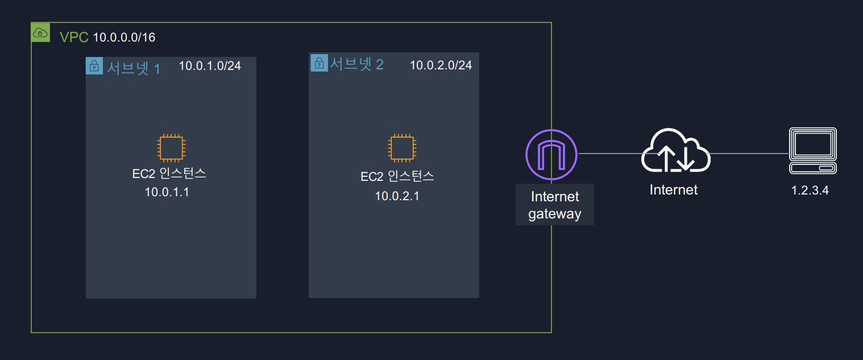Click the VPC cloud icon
pyautogui.click(x=40, y=32)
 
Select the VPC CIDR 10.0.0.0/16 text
pyautogui.click(x=124, y=38)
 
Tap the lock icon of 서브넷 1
pyautogui.click(x=94, y=66)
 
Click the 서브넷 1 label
pyautogui.click(x=134, y=68)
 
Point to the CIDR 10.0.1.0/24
pyautogui.click(x=210, y=66)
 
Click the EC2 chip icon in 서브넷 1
pyautogui.click(x=170, y=148)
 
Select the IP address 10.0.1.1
pyautogui.click(x=167, y=192)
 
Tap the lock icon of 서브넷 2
pyautogui.click(x=320, y=63)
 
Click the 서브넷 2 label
pyautogui.click(x=357, y=64)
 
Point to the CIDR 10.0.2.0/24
pyautogui.click(x=441, y=65)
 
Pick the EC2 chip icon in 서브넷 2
pyautogui.click(x=401, y=148)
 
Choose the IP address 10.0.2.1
pyautogui.click(x=397, y=197)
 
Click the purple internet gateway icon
pyautogui.click(x=551, y=154)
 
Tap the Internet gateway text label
pyautogui.click(x=554, y=205)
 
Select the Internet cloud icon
pyautogui.click(x=675, y=151)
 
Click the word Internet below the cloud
pyautogui.click(x=674, y=189)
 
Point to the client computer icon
pyautogui.click(x=814, y=150)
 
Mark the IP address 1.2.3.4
pyautogui.click(x=810, y=191)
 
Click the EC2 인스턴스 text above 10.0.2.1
pyautogui.click(x=397, y=176)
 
